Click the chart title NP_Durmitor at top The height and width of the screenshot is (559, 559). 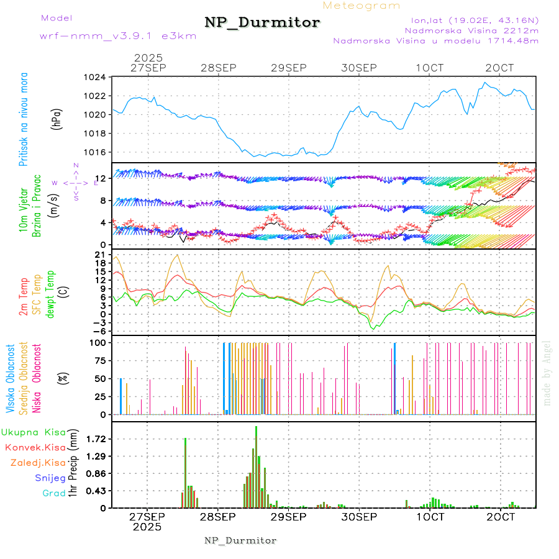click(262, 23)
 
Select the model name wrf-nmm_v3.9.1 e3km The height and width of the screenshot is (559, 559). click(118, 35)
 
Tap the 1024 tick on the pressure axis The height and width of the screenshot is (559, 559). click(96, 78)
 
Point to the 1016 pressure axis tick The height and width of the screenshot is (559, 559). click(96, 152)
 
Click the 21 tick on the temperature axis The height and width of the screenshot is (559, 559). click(100, 255)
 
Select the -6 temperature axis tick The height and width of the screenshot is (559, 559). click(100, 331)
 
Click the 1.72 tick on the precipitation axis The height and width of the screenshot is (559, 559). click(96, 439)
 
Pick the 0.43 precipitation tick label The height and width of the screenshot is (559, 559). click(96, 491)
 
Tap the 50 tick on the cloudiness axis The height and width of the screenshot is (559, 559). click(99, 378)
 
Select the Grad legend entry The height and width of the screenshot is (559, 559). click(53, 494)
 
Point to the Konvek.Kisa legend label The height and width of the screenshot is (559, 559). click(35, 447)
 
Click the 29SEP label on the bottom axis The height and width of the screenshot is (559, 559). click(288, 517)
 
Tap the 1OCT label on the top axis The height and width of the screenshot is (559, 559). click(430, 67)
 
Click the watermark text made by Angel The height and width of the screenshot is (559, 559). click(547, 373)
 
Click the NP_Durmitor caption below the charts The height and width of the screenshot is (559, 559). click(240, 540)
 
